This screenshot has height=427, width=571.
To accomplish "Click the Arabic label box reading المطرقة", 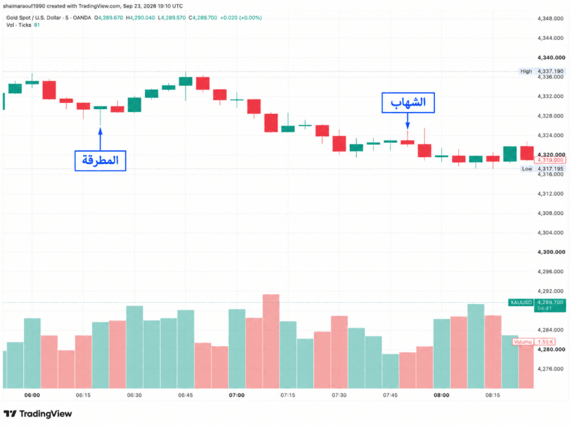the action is click(100, 161).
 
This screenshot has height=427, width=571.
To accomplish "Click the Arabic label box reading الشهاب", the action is click(408, 102).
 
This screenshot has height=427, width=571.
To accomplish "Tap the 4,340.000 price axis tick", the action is click(551, 58).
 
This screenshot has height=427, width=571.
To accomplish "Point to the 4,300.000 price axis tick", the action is click(551, 252).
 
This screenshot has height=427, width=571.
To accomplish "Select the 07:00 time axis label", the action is click(236, 395).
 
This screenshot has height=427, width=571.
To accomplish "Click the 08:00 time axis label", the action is click(441, 395).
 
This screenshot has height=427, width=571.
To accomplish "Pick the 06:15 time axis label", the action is click(83, 395).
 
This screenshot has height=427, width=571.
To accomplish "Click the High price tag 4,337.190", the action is click(542, 71).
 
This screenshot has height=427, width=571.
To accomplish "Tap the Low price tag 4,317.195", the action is click(542, 169).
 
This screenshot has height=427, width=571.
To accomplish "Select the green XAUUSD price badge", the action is click(521, 302).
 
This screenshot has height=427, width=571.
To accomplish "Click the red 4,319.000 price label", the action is click(550, 160).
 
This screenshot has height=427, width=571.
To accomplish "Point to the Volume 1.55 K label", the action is click(534, 341).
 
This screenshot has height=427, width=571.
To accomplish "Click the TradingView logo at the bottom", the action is click(38, 413).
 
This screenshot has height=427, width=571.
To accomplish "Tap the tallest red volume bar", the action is click(271, 341).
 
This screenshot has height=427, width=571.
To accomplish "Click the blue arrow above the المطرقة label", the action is click(100, 139).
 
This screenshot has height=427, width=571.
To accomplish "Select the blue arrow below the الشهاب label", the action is click(407, 121).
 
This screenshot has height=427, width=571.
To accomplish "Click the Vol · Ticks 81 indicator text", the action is click(23, 25).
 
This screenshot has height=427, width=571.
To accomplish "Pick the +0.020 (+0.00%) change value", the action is click(240, 17).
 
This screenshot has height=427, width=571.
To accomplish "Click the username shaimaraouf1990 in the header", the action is click(24, 6).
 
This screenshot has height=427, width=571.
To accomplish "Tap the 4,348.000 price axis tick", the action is click(550, 19).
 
